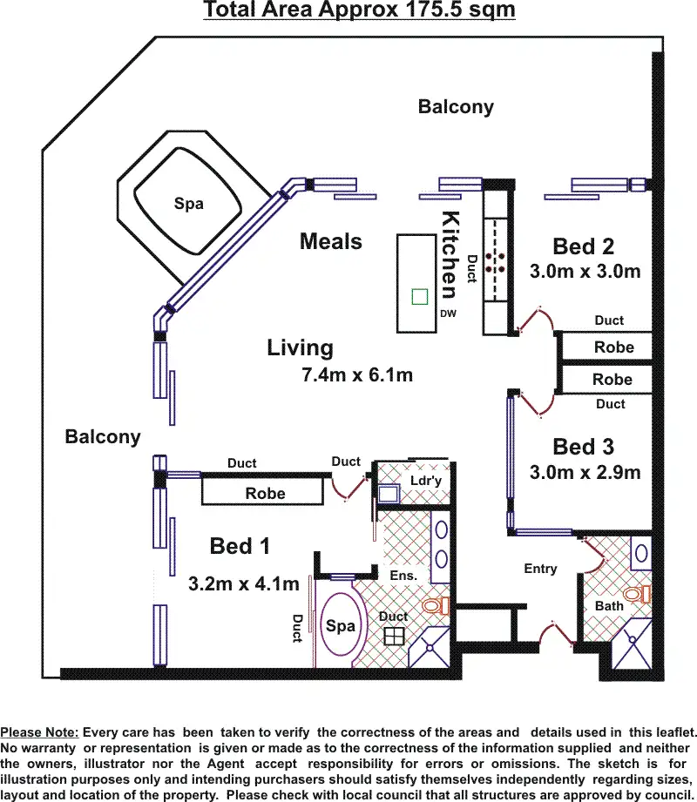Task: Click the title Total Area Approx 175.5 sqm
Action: (x=359, y=10)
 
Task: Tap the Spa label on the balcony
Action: (x=188, y=204)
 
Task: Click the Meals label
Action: (x=330, y=241)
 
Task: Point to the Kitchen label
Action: (x=450, y=254)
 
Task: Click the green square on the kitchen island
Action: (x=420, y=296)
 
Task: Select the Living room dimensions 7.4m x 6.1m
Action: (x=355, y=376)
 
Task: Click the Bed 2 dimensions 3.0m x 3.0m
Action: (x=585, y=272)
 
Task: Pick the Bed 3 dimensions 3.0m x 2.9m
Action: (x=585, y=473)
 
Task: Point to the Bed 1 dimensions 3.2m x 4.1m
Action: (x=244, y=583)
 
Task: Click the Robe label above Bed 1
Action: (x=265, y=494)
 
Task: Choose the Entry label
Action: (x=540, y=569)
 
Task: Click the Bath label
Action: (x=609, y=605)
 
